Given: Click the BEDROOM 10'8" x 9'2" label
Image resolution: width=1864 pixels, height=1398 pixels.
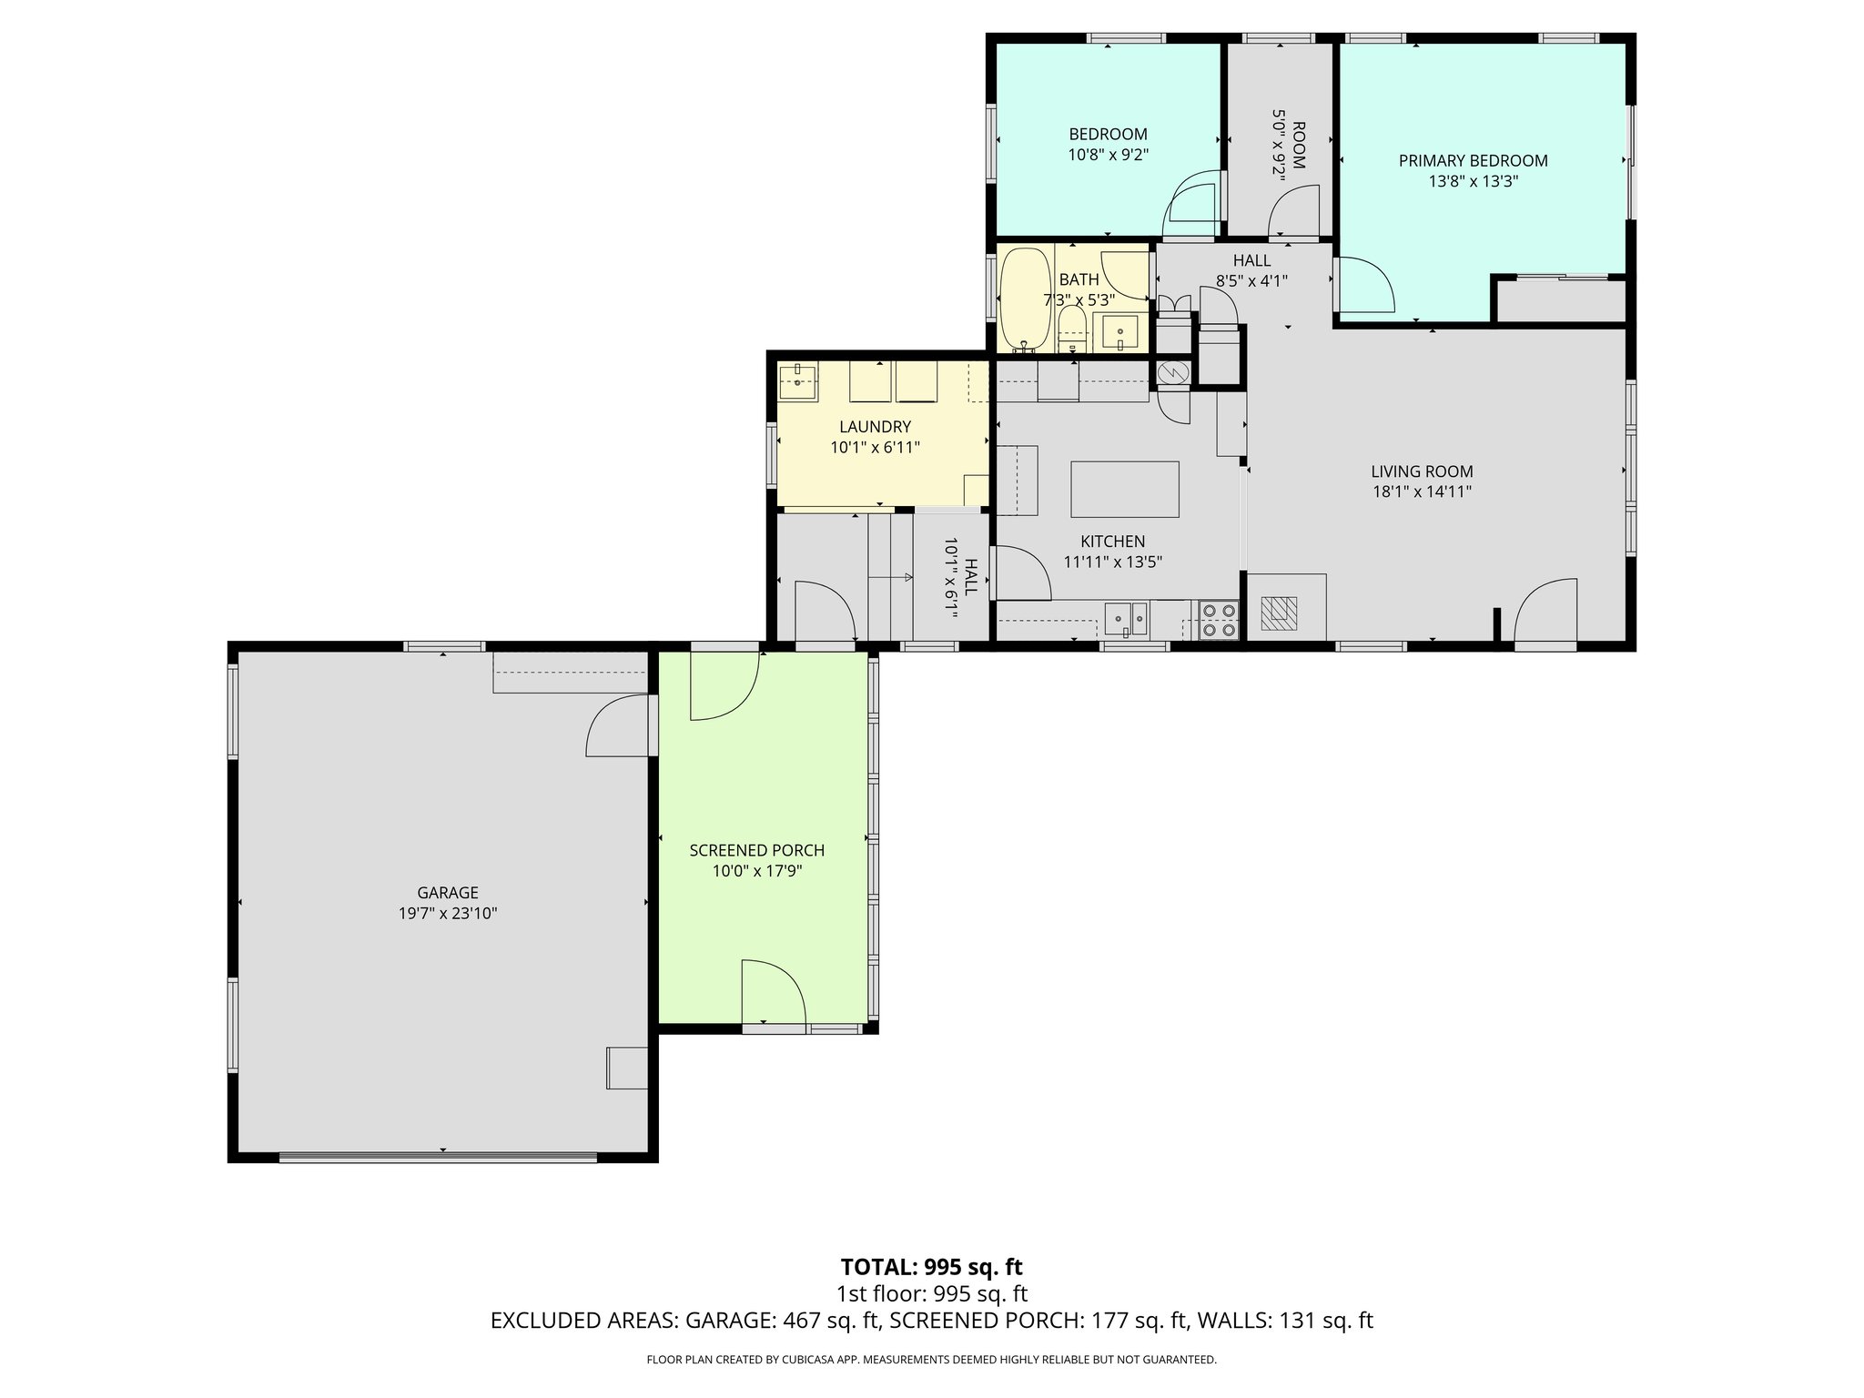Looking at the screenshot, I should point(1108,145).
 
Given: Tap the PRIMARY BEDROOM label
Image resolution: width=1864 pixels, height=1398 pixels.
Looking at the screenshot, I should point(1473,161).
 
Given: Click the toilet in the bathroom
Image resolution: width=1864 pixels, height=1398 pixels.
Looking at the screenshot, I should point(1072,329).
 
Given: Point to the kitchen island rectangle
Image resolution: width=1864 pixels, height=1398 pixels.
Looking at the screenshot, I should point(1124,489).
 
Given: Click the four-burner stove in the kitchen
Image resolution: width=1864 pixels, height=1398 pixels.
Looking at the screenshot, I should point(1218,620).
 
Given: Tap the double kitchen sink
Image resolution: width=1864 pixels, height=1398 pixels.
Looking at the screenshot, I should point(1127,619).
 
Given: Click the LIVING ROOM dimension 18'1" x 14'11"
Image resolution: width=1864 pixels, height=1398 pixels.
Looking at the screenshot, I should point(1422,492).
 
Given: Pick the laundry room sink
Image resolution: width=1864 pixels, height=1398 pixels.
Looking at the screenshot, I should point(797,380).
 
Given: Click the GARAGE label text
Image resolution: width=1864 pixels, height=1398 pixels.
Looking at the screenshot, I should point(447,893).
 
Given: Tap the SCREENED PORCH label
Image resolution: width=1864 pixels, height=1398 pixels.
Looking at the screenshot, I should point(756,850).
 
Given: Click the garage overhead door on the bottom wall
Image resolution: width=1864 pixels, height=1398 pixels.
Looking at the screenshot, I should point(438,1157).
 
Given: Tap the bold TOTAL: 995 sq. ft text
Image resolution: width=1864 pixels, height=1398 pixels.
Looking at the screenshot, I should point(931,1267).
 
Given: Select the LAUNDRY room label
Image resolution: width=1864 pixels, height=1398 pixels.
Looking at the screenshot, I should point(875,427).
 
